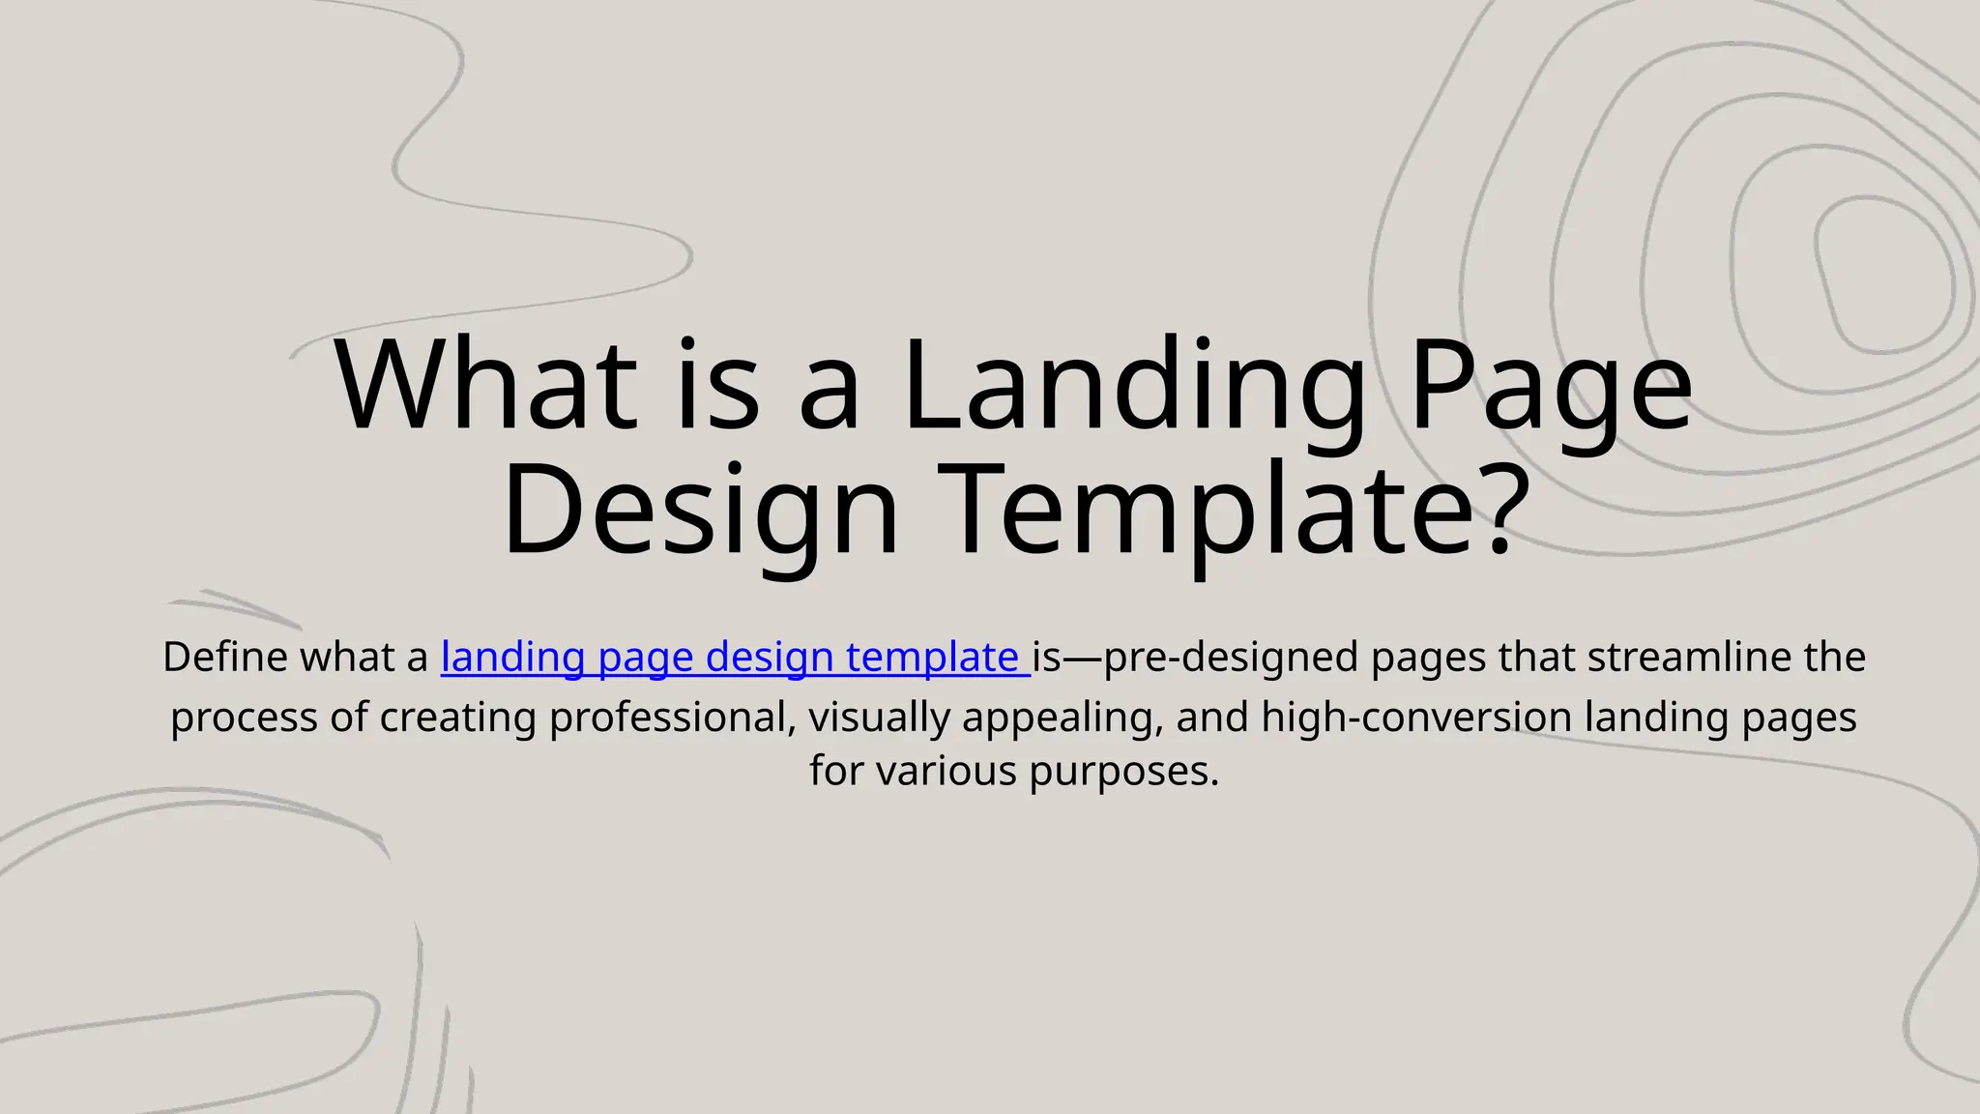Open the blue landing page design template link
pyautogui.click(x=730, y=658)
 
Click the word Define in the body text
pyautogui.click(x=225, y=658)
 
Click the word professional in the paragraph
pyautogui.click(x=672, y=718)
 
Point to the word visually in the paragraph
pyautogui.click(x=879, y=718)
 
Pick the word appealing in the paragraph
pyautogui.click(x=1062, y=718)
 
